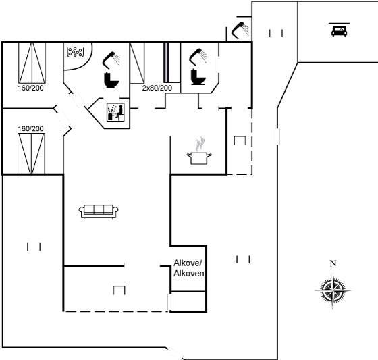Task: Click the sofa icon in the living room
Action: click(x=99, y=211)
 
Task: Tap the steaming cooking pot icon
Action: click(x=199, y=151)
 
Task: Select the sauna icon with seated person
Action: click(x=115, y=112)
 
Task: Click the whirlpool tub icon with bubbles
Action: click(x=76, y=52)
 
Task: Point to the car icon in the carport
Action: click(x=339, y=30)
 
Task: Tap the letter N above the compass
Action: click(x=333, y=263)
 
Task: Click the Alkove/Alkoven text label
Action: click(x=189, y=268)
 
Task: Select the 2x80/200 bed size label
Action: click(x=157, y=88)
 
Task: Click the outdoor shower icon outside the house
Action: click(x=240, y=30)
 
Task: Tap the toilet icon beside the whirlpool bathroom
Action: click(x=111, y=80)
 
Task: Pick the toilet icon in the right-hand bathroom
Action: click(x=198, y=77)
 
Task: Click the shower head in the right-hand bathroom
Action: click(x=198, y=57)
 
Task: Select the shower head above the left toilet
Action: click(x=111, y=60)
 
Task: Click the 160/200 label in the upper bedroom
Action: click(x=31, y=88)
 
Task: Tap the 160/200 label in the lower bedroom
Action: click(x=31, y=128)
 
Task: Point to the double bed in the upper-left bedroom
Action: click(x=32, y=63)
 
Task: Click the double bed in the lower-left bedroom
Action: click(x=31, y=153)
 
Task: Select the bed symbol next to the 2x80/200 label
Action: click(x=138, y=63)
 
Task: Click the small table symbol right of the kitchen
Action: click(x=240, y=140)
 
